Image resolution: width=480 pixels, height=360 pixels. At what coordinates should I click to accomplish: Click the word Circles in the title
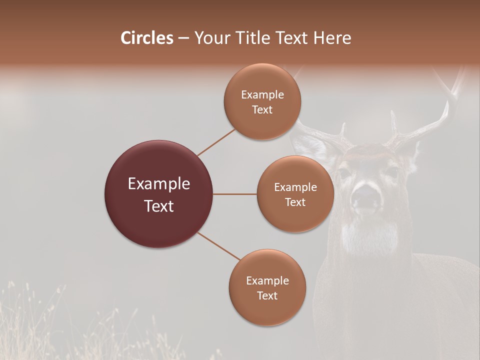[147, 38]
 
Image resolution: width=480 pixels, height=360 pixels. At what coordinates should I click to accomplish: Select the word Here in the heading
[332, 38]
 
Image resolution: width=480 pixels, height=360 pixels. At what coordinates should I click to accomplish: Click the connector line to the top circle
[216, 141]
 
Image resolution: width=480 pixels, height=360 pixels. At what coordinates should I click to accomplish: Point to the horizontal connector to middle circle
[235, 194]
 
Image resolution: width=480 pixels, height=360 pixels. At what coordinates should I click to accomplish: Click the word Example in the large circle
[159, 184]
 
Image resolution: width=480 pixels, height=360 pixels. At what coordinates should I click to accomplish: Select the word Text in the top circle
[262, 109]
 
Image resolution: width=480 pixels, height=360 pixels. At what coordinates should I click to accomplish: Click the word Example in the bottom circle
[267, 280]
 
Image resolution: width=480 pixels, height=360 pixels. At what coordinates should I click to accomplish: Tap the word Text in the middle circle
[295, 202]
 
